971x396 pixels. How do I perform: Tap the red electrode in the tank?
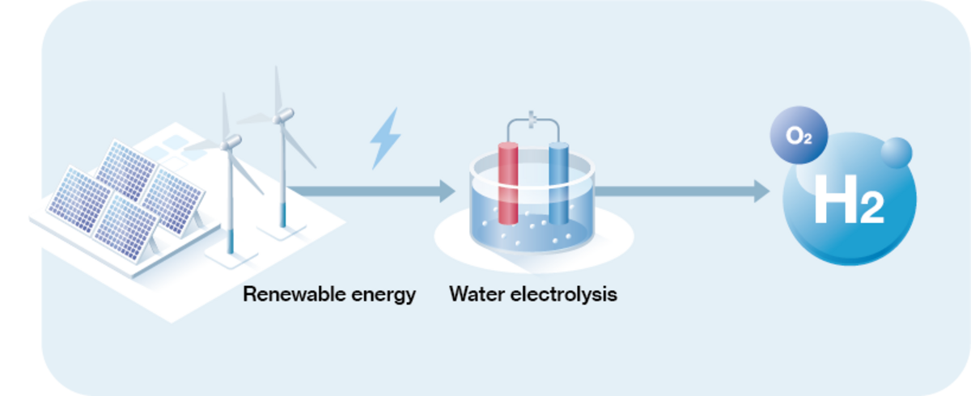coord(507,182)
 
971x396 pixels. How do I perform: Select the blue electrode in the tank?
coord(559,182)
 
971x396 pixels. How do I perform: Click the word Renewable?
coord(284,293)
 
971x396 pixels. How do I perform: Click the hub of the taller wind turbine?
coord(282,117)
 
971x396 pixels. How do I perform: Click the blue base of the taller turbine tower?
coord(283,215)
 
